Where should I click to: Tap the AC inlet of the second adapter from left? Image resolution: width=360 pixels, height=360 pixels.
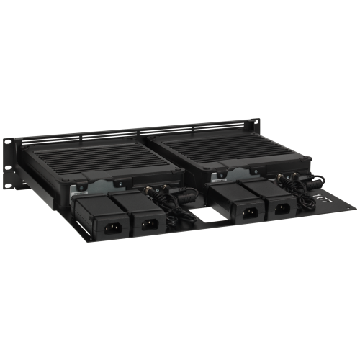click(x=149, y=224)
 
